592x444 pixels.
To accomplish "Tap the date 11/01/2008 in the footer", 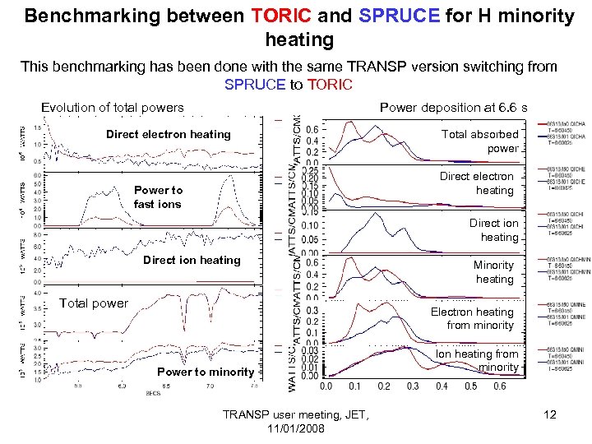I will pos(296,429).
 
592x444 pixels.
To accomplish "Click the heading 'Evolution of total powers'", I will pos(113,107).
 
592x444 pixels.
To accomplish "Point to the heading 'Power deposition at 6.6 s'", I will pos(453,107).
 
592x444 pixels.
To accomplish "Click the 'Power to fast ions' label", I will pos(158,197).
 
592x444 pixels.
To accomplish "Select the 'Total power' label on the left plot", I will pos(94,303).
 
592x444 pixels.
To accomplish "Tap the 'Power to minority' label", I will pos(206,372).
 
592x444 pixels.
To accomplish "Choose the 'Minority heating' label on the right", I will pos(493,272).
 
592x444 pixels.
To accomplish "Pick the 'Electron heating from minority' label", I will pos(472,319).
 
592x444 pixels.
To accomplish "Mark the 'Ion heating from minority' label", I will pos(478,361).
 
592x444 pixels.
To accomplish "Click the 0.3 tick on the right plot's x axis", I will pos(413,386).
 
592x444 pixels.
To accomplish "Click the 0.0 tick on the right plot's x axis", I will pos(326,386).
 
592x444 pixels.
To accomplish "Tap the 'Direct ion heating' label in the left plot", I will pos(192,260).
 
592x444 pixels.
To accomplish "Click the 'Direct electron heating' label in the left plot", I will pos(169,134).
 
